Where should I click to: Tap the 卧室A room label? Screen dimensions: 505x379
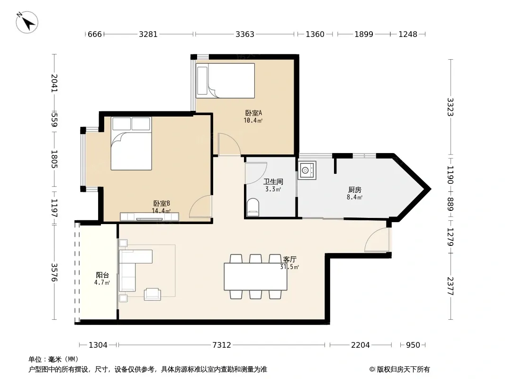pyautogui.click(x=253, y=113)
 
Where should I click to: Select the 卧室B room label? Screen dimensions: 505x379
pyautogui.click(x=162, y=204)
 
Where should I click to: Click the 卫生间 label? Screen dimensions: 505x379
pyautogui.click(x=273, y=181)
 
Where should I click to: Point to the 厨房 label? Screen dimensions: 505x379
pyautogui.click(x=355, y=190)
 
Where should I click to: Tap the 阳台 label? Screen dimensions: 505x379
pyautogui.click(x=102, y=275)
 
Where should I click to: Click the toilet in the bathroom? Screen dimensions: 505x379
pyautogui.click(x=253, y=207)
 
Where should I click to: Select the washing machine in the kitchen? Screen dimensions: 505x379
pyautogui.click(x=307, y=171)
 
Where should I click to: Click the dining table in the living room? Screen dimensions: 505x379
pyautogui.click(x=255, y=277)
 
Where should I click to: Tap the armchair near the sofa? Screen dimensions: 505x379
pyautogui.click(x=153, y=294)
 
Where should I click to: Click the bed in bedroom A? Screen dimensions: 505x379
pyautogui.click(x=225, y=81)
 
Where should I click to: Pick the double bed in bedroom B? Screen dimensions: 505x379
pyautogui.click(x=131, y=143)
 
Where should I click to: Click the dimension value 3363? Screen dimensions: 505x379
pyautogui.click(x=245, y=34)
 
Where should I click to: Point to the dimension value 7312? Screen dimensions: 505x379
pyautogui.click(x=222, y=345)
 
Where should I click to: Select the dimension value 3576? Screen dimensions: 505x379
pyautogui.click(x=54, y=272)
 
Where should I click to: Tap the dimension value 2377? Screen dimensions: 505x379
pyautogui.click(x=450, y=286)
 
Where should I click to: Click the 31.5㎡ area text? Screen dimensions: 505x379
pyautogui.click(x=289, y=267)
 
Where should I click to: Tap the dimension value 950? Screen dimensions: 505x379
pyautogui.click(x=413, y=345)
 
